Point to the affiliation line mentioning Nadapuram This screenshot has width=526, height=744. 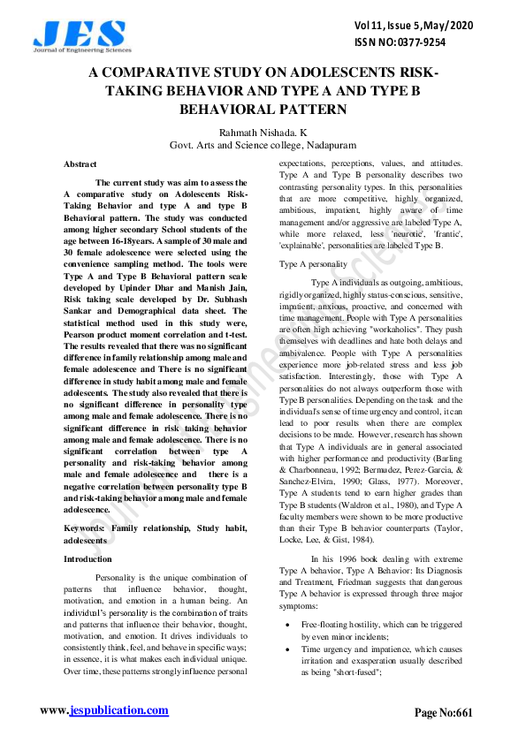263,144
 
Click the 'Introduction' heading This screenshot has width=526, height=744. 88,559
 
